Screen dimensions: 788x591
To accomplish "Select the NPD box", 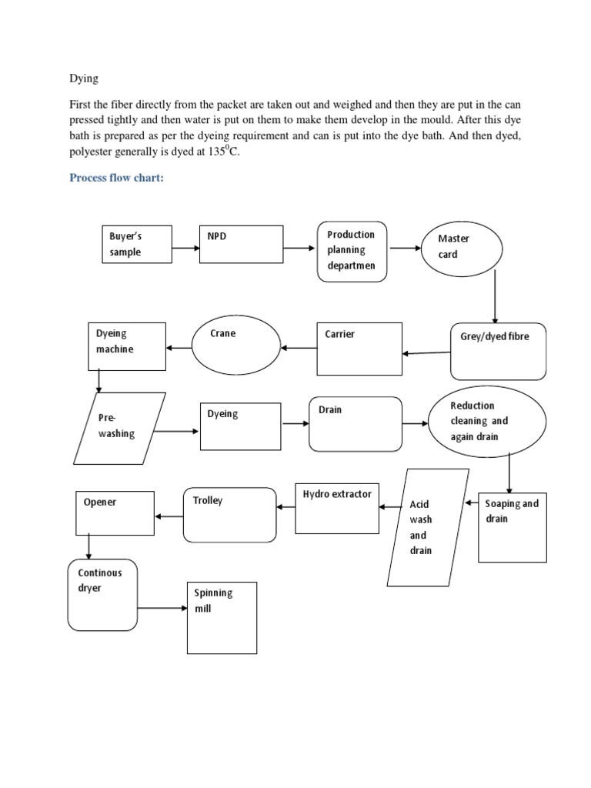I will [x=241, y=247].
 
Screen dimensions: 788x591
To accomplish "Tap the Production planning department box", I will [x=352, y=251].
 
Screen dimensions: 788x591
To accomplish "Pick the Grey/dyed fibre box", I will [x=498, y=351].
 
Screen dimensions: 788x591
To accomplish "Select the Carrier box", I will [x=359, y=349].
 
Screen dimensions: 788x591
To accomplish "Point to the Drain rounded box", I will [x=355, y=424].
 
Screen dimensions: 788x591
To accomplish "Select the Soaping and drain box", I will [x=513, y=527].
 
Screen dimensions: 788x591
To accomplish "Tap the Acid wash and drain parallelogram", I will [x=428, y=528].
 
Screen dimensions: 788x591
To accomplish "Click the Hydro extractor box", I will [x=337, y=509].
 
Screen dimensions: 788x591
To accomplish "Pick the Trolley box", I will [x=229, y=514].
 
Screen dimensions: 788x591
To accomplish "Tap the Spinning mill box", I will [x=222, y=618].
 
